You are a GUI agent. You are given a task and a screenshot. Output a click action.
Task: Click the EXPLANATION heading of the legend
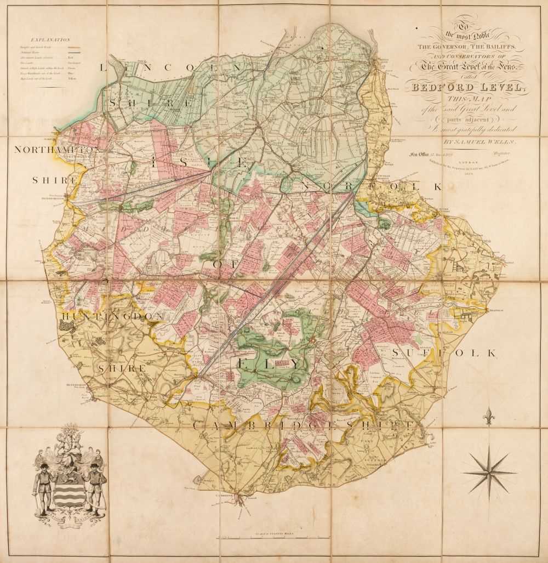(50, 39)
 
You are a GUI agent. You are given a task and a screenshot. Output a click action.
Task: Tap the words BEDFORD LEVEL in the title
(465, 88)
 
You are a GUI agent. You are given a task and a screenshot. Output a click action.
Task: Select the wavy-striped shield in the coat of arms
(69, 484)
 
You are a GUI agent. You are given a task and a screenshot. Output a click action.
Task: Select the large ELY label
(268, 363)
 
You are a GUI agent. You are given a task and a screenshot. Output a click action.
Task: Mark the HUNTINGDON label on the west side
(112, 317)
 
